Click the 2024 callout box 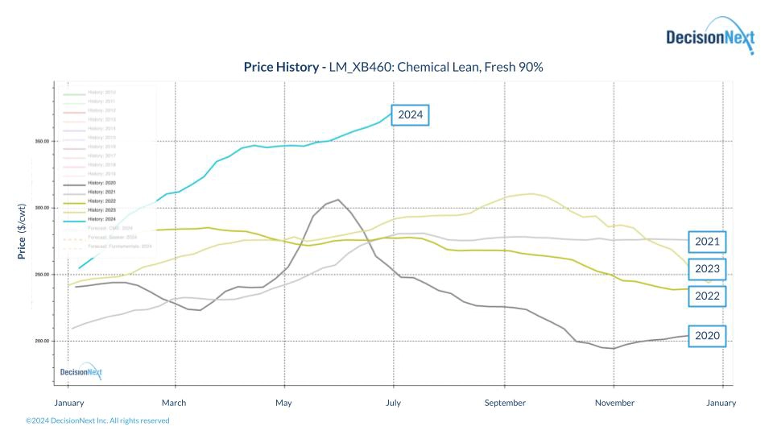point(410,115)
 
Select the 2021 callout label point(706,242)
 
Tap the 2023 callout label point(706,269)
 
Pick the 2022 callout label point(706,296)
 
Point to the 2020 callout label point(706,336)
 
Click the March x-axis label point(174,403)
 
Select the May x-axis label point(283,403)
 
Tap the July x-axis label point(394,403)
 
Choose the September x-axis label point(505,403)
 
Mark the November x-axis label point(615,403)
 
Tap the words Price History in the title point(281,67)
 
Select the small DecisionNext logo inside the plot point(81,371)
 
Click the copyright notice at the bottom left point(97,420)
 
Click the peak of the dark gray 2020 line point(338,200)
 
